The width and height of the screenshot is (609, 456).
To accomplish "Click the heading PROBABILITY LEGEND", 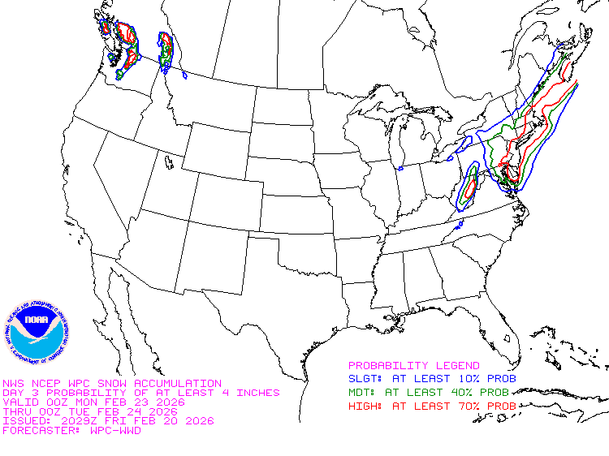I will click(x=414, y=366).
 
